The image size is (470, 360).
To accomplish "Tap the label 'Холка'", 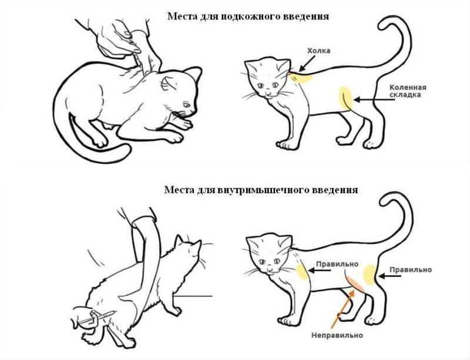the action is click(x=318, y=51).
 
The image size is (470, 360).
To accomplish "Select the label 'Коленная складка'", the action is click(x=408, y=91).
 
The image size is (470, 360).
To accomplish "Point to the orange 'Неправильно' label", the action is click(x=337, y=335).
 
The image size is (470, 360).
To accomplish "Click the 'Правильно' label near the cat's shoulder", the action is click(x=337, y=264).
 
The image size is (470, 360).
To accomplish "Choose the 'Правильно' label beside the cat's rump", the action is click(x=411, y=270).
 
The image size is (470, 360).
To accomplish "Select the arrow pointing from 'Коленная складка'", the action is click(x=374, y=99).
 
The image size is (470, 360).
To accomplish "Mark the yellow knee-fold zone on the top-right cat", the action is click(x=346, y=98).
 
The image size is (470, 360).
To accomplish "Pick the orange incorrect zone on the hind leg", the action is click(x=355, y=283).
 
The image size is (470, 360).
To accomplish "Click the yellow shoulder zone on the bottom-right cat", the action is click(x=302, y=271).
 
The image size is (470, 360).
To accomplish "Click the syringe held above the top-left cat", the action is click(x=134, y=52).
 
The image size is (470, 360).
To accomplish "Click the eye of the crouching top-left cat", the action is click(x=186, y=105).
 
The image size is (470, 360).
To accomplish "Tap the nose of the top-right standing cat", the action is click(x=268, y=95).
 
